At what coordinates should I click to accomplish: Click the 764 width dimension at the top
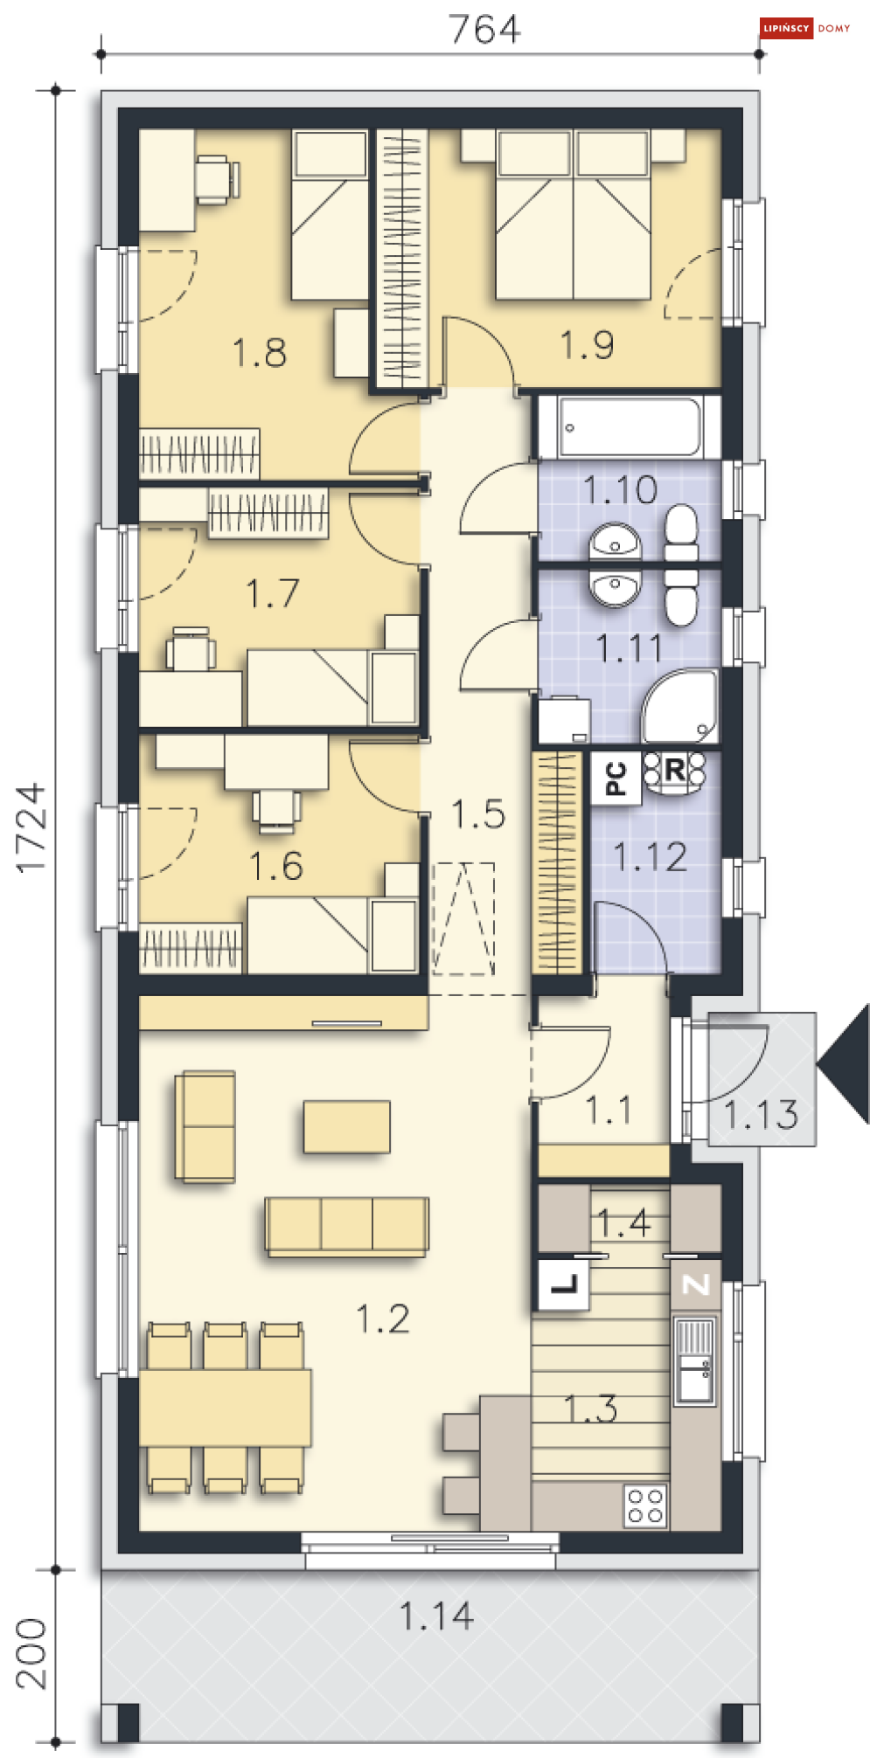[485, 29]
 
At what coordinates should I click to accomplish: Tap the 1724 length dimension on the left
[31, 827]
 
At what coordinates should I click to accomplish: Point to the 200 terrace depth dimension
[31, 1653]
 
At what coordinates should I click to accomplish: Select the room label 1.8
[260, 353]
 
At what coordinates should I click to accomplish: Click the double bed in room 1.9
[574, 215]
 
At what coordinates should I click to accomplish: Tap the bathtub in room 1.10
[629, 427]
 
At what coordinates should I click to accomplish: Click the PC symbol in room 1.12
[616, 778]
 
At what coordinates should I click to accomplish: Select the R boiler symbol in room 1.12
[674, 772]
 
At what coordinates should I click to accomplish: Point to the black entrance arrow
[844, 1063]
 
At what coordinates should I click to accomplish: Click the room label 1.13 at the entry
[761, 1114]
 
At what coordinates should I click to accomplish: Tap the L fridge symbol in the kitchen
[564, 1284]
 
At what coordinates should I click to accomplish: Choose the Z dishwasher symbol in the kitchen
[696, 1284]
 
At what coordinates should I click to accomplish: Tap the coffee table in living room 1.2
[347, 1127]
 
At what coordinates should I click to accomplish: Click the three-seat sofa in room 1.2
[347, 1226]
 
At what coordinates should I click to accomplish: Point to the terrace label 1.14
[436, 1616]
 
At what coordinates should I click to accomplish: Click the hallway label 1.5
[478, 814]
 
